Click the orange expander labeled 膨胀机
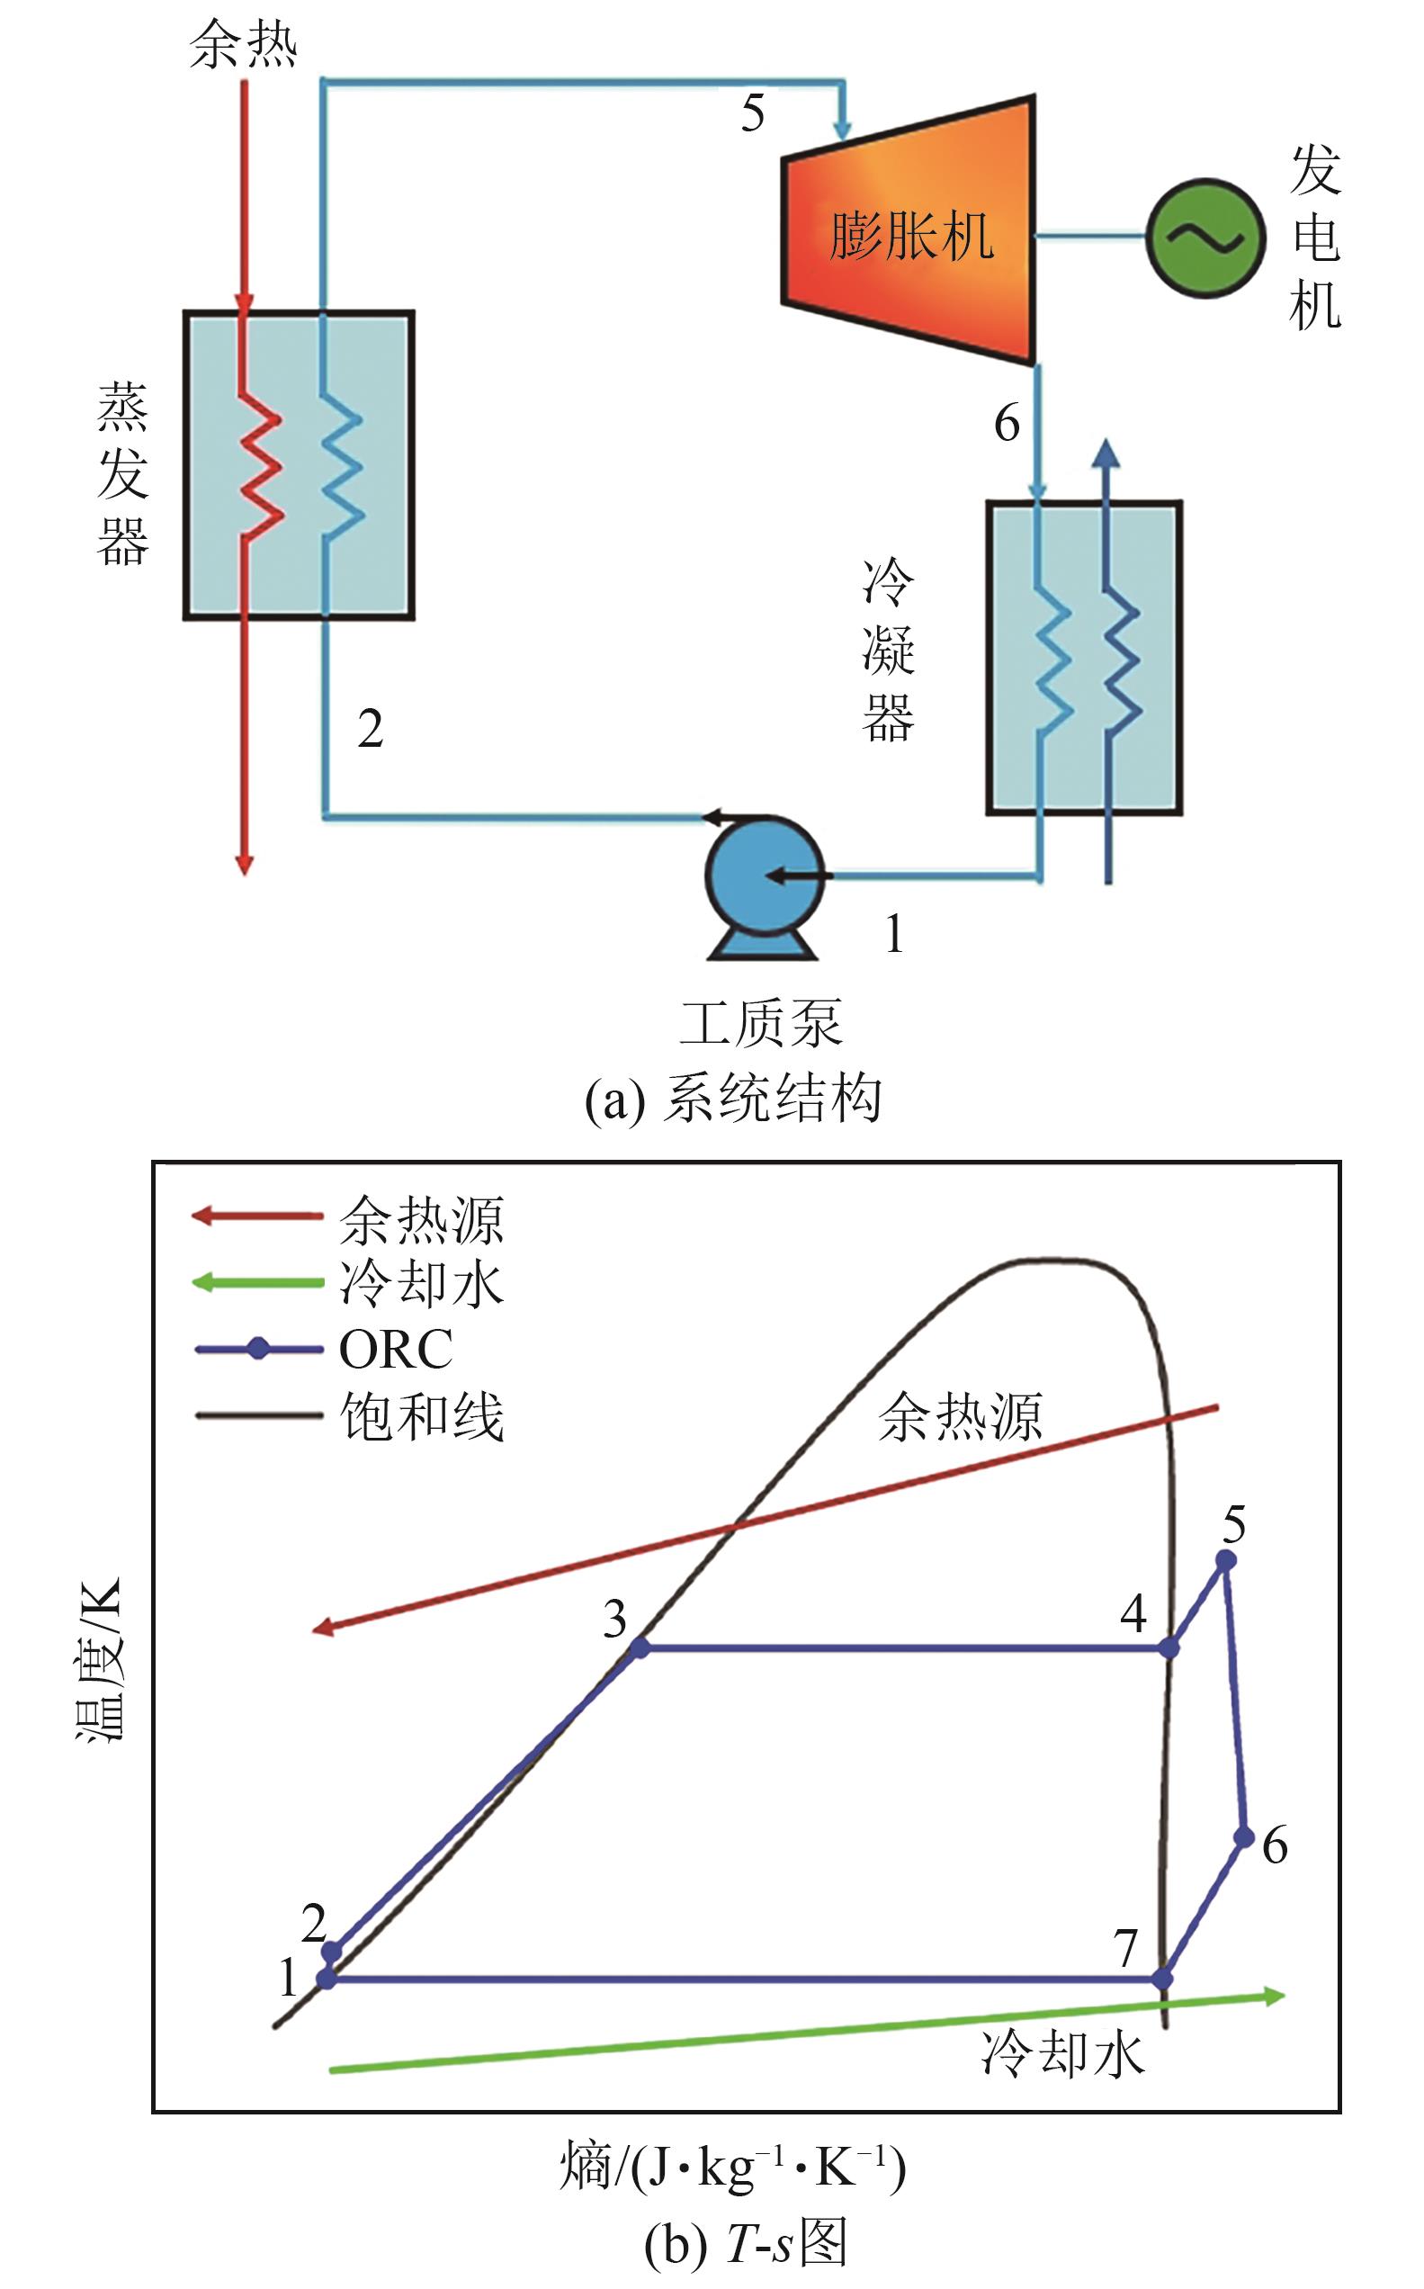909,229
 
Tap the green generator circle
1205,238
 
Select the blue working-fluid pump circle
765,875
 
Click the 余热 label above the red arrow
244,44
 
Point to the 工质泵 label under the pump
761,1023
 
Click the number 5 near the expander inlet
753,113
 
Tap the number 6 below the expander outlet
1007,422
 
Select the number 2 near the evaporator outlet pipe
370,728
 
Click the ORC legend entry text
396,1350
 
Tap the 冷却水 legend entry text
422,1283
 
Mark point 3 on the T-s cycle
640,1648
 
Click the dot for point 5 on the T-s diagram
1225,1561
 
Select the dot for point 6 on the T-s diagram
1243,1836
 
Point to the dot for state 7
1163,1979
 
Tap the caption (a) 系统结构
733,1099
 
